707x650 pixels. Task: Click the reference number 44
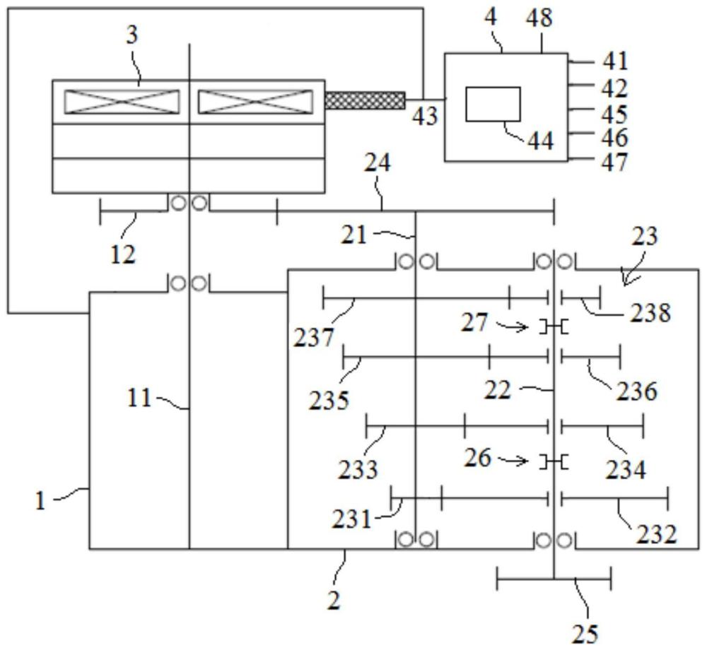click(540, 141)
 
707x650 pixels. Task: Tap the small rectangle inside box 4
click(493, 104)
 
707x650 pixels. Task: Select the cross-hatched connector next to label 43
click(365, 100)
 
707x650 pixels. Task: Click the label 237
click(314, 338)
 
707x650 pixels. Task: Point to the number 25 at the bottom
click(585, 634)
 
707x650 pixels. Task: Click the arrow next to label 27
click(511, 325)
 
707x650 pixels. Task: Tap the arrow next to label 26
click(513, 460)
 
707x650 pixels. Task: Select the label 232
click(657, 535)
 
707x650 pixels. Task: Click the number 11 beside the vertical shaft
click(139, 398)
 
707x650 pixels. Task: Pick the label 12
click(122, 255)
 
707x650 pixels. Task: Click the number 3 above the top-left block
click(132, 35)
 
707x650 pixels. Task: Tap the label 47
click(614, 162)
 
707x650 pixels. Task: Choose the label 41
click(615, 61)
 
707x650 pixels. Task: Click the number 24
click(377, 163)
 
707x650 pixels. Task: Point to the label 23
click(645, 236)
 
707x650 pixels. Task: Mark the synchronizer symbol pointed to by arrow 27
click(554, 326)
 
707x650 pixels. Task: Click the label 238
click(650, 312)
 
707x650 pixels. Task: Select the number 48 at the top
click(539, 18)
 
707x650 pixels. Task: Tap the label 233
click(358, 470)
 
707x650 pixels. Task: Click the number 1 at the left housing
click(40, 501)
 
